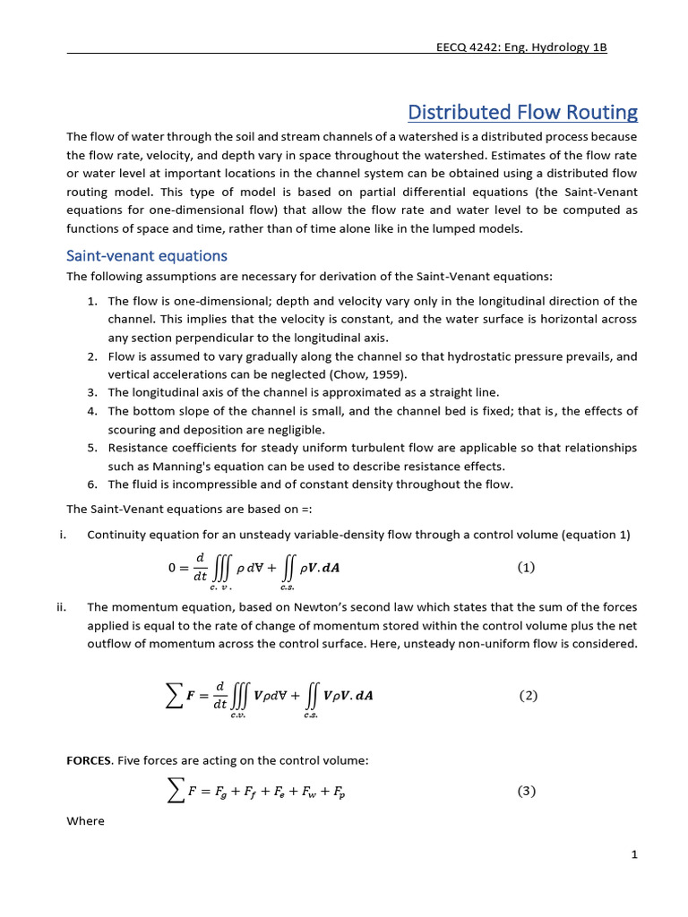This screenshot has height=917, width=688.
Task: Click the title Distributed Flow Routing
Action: click(522, 112)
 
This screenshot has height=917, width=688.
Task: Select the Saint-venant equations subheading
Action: click(147, 256)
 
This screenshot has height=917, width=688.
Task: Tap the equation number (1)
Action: click(526, 567)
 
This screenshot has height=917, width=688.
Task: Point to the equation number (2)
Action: click(528, 696)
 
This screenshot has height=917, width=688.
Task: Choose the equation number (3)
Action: click(527, 791)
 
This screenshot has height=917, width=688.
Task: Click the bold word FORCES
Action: click(90, 760)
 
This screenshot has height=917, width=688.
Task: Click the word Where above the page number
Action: click(85, 820)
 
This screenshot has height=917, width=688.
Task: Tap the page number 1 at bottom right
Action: click(633, 855)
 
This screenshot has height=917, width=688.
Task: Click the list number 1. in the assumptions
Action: click(92, 301)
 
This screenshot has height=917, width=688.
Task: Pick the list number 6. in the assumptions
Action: click(92, 484)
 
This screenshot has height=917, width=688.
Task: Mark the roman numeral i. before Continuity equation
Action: click(63, 535)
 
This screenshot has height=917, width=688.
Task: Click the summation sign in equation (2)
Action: click(176, 697)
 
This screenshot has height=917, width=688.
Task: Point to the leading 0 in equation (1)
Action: click(174, 567)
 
